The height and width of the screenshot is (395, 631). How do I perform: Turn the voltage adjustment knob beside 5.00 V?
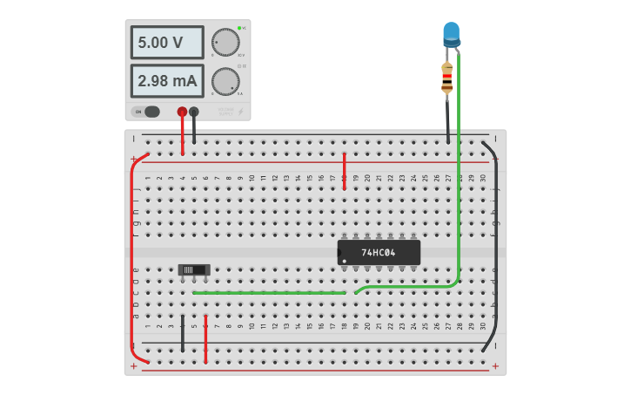[x=225, y=42]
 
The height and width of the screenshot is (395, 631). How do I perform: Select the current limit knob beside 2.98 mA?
[x=225, y=81]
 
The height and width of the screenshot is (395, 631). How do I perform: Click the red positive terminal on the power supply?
[x=182, y=112]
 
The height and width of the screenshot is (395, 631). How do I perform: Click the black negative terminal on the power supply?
[x=194, y=112]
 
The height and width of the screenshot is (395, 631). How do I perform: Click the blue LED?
[x=451, y=34]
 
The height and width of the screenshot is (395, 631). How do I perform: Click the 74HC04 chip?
[x=379, y=253]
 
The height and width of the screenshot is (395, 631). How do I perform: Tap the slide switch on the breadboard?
[x=194, y=270]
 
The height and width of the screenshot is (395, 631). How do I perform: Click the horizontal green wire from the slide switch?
[x=270, y=293]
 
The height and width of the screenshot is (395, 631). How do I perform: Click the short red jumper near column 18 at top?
[x=345, y=171]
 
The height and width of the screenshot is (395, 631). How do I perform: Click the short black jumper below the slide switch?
[x=183, y=334]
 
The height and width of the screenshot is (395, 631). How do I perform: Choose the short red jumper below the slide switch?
[x=205, y=340]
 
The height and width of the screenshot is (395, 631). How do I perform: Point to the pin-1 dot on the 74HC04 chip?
[x=345, y=261]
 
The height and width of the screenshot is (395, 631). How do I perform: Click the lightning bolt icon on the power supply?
[x=241, y=112]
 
